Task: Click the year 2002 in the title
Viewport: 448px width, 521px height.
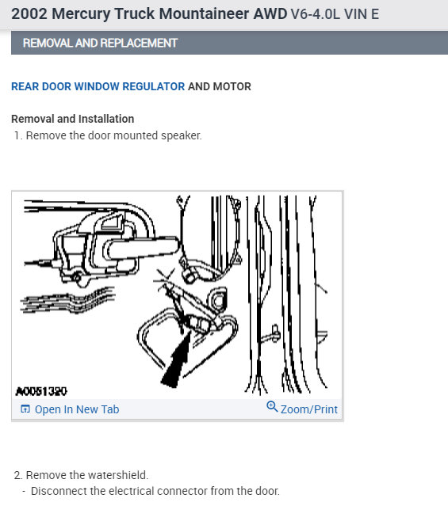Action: tap(29, 14)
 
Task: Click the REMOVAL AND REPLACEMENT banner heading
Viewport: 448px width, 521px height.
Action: tap(100, 43)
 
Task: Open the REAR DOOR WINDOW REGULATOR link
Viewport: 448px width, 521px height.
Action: tap(98, 86)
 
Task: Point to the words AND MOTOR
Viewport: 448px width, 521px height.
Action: tap(220, 86)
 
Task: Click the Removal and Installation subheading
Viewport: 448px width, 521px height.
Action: tap(72, 119)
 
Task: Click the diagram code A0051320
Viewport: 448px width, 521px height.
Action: tap(41, 391)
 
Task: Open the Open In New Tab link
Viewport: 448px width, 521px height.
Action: tap(77, 409)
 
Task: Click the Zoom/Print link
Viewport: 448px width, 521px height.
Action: tap(308, 409)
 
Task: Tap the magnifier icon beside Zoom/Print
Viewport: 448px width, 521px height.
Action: tap(272, 408)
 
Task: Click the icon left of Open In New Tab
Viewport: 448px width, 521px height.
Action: tap(25, 409)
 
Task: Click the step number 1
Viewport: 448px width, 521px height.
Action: tap(17, 135)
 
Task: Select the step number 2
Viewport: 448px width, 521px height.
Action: tap(17, 475)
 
